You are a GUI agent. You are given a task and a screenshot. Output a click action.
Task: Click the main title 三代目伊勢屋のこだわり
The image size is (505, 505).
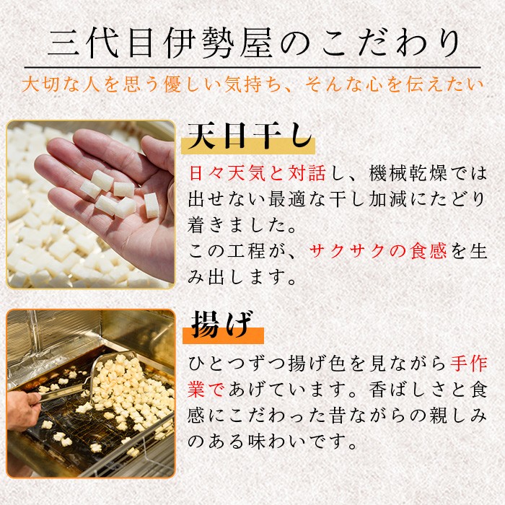coord(253,43)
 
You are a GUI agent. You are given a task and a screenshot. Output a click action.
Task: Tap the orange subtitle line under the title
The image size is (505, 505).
coord(252,84)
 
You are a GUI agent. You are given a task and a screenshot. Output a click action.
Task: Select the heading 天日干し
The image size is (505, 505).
coord(250,136)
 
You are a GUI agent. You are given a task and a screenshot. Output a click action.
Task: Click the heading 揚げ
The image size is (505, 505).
coord(221,325)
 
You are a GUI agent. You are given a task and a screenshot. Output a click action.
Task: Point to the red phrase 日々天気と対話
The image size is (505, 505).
coord(257,173)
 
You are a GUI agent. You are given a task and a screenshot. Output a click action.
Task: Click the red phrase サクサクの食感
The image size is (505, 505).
coord(377,251)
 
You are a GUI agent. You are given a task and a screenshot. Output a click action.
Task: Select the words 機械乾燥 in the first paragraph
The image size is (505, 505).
coord(408,173)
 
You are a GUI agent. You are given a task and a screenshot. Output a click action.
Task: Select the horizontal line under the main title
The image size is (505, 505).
coord(252,68)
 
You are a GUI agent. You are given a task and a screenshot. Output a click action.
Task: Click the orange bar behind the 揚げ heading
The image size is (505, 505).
coord(223,335)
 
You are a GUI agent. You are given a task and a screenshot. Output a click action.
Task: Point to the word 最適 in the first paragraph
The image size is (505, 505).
coord(286,199)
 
